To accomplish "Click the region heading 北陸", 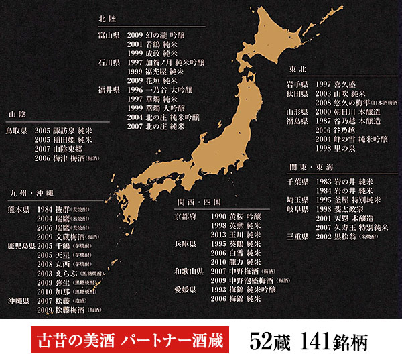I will [x=107, y=19].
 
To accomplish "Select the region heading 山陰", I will [x=18, y=115].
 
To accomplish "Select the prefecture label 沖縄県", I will [x=18, y=301].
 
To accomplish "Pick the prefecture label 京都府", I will [x=186, y=217].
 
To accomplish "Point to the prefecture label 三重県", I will [x=297, y=237].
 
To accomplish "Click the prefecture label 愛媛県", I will [x=186, y=288].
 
